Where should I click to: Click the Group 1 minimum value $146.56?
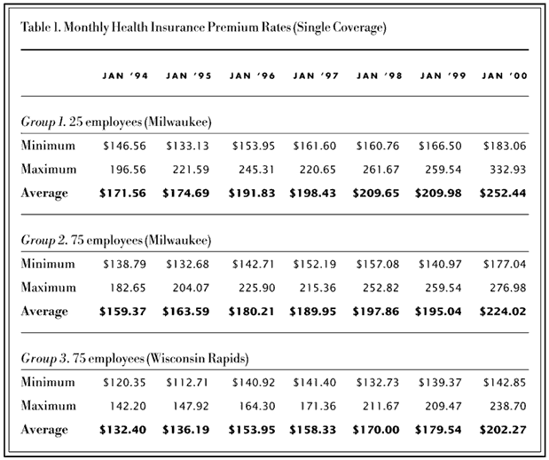tap(123, 146)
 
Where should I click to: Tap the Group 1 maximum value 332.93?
tap(507, 168)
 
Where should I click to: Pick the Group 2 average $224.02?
tap(503, 312)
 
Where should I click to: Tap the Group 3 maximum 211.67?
tap(380, 406)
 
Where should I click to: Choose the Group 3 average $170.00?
tap(377, 430)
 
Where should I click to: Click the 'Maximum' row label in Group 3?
tap(46, 406)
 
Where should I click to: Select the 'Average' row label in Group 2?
tap(43, 312)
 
